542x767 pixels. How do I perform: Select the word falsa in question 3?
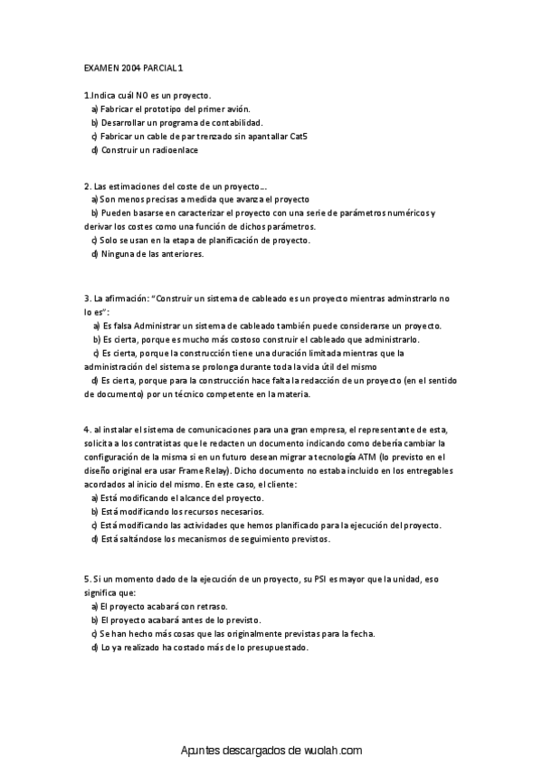[x=121, y=324]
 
